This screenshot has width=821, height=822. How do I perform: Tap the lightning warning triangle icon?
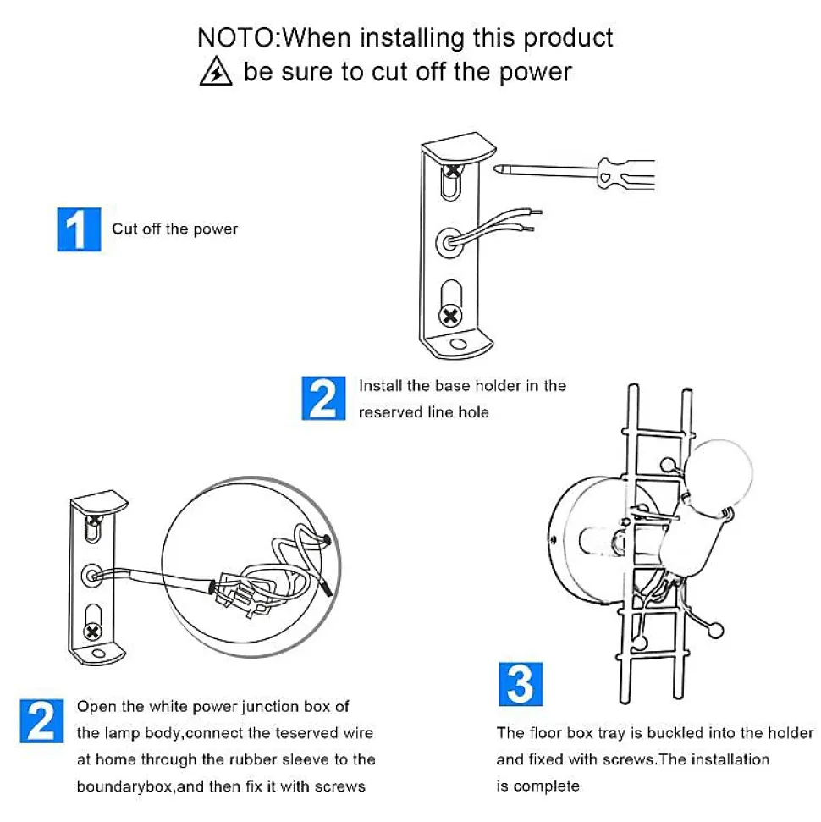(216, 71)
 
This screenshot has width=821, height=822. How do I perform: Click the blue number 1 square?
(79, 229)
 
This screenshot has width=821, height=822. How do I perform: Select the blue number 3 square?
(521, 684)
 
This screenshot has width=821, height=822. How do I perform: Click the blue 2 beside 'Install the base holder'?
(323, 398)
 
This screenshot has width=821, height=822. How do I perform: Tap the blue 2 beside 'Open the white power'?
(42, 720)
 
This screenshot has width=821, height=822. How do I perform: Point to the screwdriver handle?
(626, 174)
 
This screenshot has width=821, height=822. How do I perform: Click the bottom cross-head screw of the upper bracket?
(449, 316)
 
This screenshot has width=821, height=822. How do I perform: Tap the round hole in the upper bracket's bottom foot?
(458, 344)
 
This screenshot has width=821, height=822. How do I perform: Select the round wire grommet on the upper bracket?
(449, 243)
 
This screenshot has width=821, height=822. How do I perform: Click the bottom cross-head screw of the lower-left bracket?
(93, 632)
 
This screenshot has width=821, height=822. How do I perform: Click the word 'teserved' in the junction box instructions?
(306, 733)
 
